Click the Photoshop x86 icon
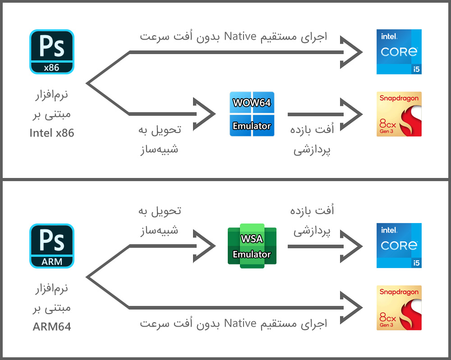[52, 52]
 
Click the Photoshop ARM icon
[52, 246]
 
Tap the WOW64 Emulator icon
[252, 114]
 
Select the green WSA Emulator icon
[252, 246]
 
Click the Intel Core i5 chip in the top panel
[399, 52]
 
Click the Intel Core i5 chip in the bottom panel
[399, 246]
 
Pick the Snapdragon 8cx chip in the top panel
[399, 114]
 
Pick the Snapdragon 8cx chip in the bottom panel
[399, 308]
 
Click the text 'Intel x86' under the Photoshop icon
[52, 133]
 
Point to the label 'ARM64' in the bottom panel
[52, 327]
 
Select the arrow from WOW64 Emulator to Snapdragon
[325, 114]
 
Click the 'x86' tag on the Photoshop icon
[52, 68]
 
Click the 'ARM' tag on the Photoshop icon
[52, 262]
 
